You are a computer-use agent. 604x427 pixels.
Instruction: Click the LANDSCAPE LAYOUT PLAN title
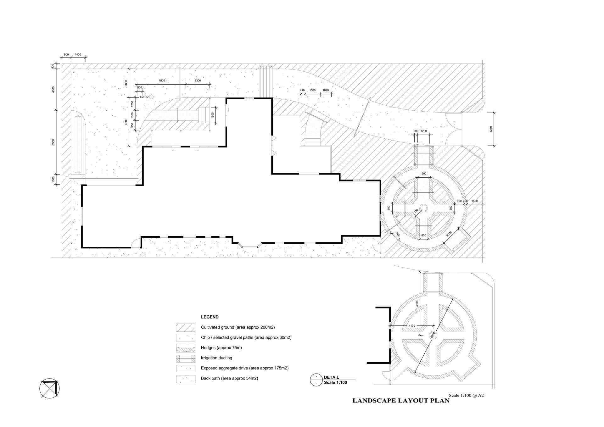click(x=401, y=401)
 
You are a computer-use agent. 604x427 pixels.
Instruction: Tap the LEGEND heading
click(x=210, y=317)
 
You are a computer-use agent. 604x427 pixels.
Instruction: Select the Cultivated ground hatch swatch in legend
click(x=185, y=327)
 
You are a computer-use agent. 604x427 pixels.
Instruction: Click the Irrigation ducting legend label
click(x=216, y=358)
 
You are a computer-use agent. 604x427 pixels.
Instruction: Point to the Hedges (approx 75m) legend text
click(x=221, y=348)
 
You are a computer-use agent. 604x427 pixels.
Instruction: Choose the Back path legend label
click(x=230, y=378)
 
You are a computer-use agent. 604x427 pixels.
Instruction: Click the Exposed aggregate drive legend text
click(x=245, y=368)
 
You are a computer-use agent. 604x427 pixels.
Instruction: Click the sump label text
click(x=144, y=97)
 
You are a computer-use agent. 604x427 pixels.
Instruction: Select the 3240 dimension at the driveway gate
click(x=491, y=129)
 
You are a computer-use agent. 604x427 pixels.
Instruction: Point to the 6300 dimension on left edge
click(x=53, y=142)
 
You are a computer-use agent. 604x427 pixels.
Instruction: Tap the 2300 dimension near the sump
click(x=198, y=81)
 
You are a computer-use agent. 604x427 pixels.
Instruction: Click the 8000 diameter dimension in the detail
click(x=433, y=335)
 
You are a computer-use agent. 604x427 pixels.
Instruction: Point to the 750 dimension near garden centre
click(x=416, y=212)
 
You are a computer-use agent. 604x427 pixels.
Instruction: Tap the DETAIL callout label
click(x=331, y=377)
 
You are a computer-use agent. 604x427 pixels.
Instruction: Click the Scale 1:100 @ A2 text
click(x=466, y=396)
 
